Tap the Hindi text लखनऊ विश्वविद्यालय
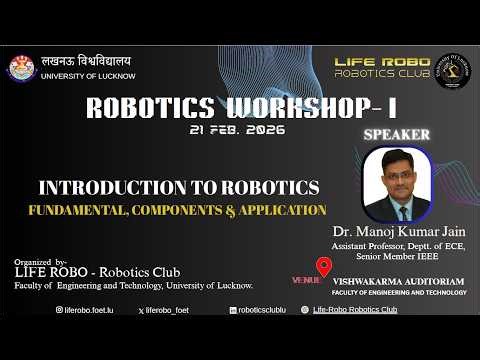86,61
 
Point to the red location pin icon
323,267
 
